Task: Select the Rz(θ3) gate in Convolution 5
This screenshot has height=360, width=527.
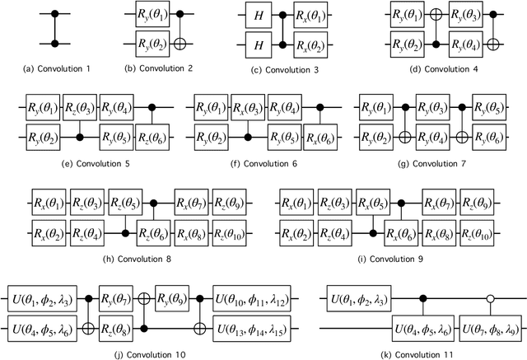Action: pyautogui.click(x=82, y=106)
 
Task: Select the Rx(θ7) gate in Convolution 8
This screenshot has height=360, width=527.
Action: pyautogui.click(x=194, y=200)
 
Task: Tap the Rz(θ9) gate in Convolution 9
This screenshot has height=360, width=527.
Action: pyautogui.click(x=478, y=200)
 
